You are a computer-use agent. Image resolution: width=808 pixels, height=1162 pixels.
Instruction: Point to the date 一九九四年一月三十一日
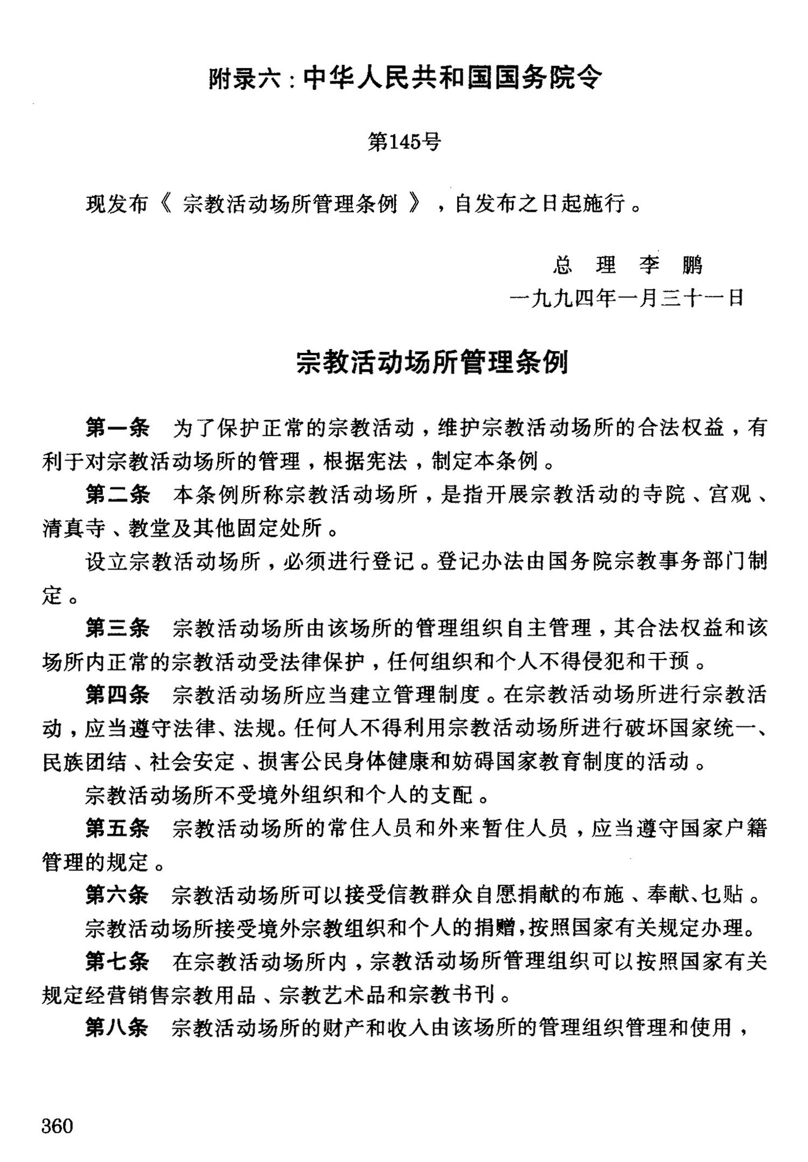pos(627,297)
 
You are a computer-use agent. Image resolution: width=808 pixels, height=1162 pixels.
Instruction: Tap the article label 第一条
pos(117,428)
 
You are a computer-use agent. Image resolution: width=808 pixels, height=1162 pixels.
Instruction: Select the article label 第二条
pos(117,495)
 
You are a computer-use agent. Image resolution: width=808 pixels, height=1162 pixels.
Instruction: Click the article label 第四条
pos(117,694)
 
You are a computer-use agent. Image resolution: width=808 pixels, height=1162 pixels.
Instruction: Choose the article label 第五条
pos(117,828)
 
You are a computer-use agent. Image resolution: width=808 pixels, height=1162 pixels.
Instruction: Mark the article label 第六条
pos(117,895)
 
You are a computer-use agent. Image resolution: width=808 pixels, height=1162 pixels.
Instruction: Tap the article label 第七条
pos(117,962)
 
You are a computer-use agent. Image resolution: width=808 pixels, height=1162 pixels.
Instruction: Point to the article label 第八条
pos(117,1028)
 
